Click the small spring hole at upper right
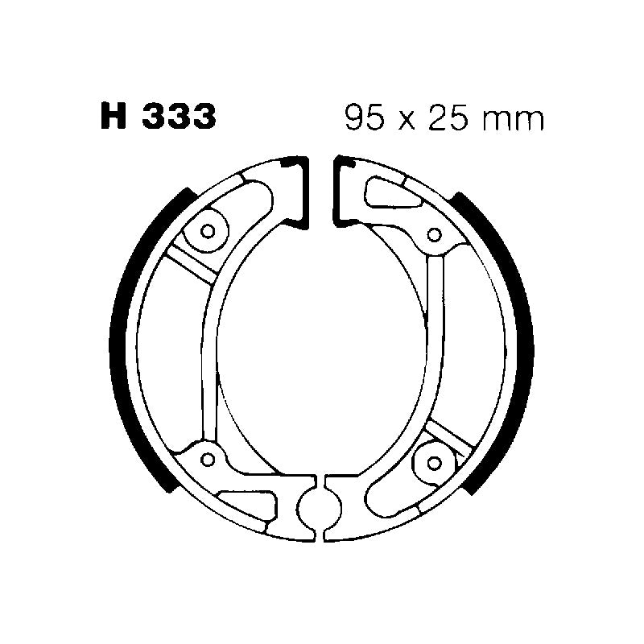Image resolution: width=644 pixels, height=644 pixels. pos(435,235)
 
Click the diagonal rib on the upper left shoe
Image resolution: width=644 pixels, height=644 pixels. pos(189,266)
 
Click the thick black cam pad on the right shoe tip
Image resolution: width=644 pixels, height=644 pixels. pos(341,189)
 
